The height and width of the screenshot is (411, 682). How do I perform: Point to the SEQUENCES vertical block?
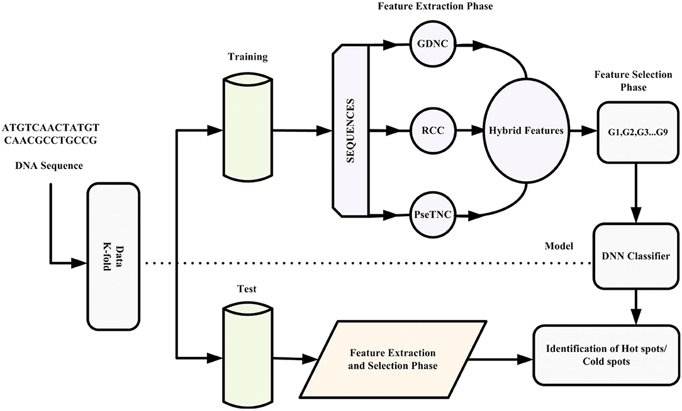350,131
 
